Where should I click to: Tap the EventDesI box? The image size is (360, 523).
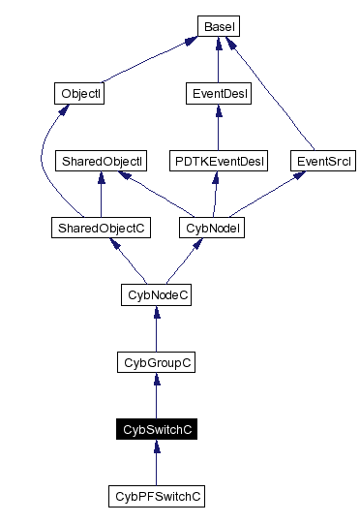coord(218,94)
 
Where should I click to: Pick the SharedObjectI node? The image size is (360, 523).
coord(102,161)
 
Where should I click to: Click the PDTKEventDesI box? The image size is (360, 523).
coord(218,161)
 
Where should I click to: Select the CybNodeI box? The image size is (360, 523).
coord(211,228)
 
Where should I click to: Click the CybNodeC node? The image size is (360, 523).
coord(157,294)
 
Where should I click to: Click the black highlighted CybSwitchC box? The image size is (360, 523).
coord(157,429)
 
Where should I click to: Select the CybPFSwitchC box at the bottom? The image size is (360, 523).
coord(157,496)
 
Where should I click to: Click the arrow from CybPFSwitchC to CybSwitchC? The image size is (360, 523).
coord(157,465)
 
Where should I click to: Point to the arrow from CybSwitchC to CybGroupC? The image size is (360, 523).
coord(157,397)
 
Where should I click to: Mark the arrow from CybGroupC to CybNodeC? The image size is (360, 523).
coord(157,330)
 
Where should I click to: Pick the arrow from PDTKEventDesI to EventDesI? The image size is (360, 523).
coord(218,129)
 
